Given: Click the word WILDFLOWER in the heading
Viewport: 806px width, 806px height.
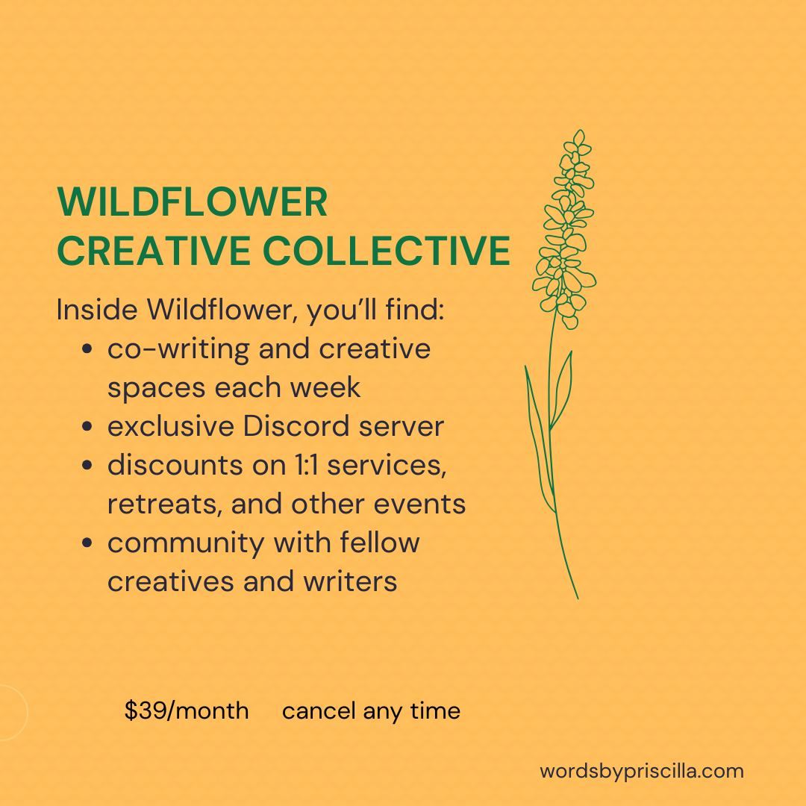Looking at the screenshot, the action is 193,202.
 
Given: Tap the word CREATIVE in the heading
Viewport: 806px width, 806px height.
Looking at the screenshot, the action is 154,251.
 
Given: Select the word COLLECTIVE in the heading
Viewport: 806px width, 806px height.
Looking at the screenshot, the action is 387,251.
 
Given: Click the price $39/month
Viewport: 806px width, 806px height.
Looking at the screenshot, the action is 187,711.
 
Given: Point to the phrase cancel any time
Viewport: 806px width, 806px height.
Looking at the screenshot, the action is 371,712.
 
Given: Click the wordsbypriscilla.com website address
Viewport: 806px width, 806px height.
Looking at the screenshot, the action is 642,772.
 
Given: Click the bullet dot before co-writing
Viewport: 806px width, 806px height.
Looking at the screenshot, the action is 87,349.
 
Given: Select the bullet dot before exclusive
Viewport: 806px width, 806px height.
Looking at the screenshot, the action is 87,427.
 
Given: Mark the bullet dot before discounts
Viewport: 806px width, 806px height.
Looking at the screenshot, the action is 87,466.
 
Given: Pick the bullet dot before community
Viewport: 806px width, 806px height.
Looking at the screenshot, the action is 87,543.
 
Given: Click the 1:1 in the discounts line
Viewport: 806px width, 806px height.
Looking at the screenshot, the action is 307,465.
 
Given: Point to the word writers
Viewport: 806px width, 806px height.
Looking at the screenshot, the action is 350,582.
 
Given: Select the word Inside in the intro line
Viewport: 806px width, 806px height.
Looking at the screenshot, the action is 97,310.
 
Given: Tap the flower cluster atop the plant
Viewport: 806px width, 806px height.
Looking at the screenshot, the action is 564,229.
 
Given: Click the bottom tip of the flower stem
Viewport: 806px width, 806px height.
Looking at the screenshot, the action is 578,599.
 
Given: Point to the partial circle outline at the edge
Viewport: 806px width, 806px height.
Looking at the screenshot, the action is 27,713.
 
